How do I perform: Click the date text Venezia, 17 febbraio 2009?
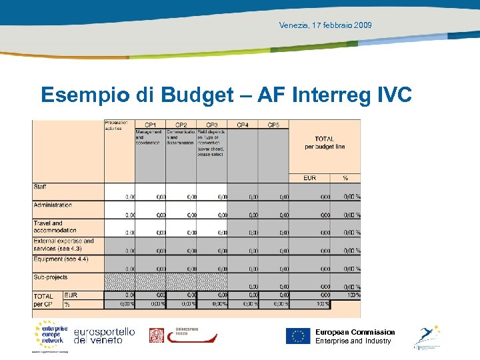click(326, 25)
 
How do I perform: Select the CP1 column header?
click(150, 125)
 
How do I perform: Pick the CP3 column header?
click(212, 125)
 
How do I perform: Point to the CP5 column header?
click(273, 125)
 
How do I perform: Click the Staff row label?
click(40, 187)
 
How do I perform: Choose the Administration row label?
click(53, 205)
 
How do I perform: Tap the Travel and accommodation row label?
click(55, 227)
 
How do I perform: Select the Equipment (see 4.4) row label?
click(61, 259)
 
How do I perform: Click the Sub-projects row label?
click(51, 277)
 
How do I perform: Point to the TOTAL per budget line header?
click(325, 143)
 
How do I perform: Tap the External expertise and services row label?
click(63, 245)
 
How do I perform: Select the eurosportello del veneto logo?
click(104, 335)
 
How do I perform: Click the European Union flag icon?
click(298, 336)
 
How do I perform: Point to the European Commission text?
click(355, 332)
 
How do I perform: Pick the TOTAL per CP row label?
click(44, 299)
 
